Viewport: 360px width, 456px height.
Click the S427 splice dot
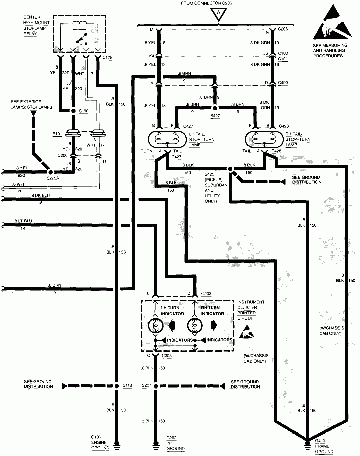pos(215,108)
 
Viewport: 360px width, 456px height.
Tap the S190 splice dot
pos(73,111)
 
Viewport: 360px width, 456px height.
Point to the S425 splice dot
pos(231,169)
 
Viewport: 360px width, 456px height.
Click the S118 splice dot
pos(117,386)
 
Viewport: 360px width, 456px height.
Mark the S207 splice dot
pos(155,386)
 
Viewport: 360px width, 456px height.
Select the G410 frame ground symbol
pos(307,444)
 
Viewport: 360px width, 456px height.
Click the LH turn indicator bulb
pos(155,325)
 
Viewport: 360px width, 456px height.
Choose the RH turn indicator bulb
pos(195,325)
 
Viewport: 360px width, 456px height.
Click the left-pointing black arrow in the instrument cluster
pos(172,325)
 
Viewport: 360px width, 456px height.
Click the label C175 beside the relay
pos(107,58)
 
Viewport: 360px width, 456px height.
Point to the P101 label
pos(57,133)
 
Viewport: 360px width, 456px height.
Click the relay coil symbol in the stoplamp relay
pos(80,24)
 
